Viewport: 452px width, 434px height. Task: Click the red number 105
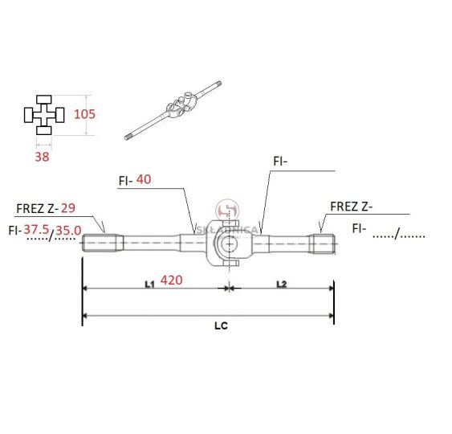click(84, 114)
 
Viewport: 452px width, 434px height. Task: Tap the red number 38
click(42, 157)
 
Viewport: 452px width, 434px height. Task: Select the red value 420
click(172, 280)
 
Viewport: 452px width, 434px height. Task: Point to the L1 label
click(149, 285)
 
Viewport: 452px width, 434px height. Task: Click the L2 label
click(282, 285)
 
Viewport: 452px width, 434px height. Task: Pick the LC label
click(221, 326)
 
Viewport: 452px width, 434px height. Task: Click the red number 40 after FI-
click(144, 179)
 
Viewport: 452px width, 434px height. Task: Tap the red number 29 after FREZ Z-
click(68, 208)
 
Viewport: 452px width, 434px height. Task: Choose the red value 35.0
click(68, 231)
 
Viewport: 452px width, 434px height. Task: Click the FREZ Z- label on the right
click(352, 207)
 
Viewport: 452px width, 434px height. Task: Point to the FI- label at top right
click(280, 162)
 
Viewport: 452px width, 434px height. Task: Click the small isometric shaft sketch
click(173, 111)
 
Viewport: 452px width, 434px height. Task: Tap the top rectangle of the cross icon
click(44, 100)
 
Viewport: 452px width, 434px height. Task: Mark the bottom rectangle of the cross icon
click(44, 130)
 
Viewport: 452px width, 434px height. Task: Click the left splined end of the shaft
click(100, 243)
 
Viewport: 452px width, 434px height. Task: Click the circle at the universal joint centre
click(229, 244)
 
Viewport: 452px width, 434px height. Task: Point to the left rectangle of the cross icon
click(29, 115)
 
